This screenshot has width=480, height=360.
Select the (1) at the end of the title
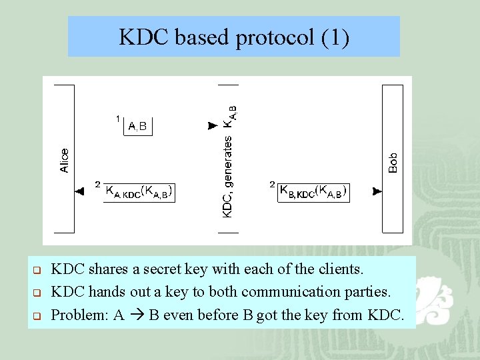(x=335, y=37)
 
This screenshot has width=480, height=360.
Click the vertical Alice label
(x=65, y=160)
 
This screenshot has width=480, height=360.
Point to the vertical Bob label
(x=393, y=163)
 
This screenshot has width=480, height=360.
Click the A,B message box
(x=138, y=125)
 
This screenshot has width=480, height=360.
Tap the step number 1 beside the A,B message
(x=117, y=119)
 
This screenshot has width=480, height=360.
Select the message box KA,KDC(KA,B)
(x=139, y=192)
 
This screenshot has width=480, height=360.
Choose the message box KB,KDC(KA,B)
(x=313, y=192)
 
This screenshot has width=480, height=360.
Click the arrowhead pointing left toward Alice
(x=80, y=191)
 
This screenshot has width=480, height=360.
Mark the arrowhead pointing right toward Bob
(x=377, y=191)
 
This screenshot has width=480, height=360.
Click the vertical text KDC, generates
(x=227, y=177)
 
